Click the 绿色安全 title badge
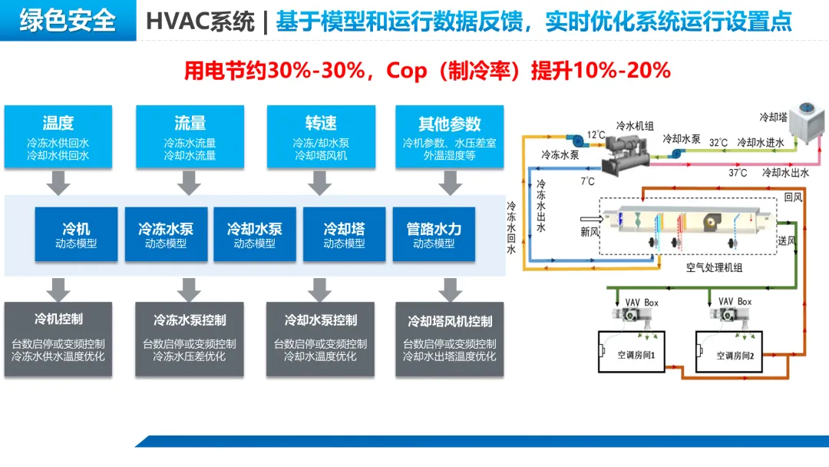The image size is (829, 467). [x=68, y=20]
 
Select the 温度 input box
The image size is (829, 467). [x=58, y=137]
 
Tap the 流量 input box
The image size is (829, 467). [x=190, y=137]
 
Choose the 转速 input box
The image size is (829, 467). [x=321, y=137]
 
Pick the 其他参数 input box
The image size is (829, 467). [x=450, y=137]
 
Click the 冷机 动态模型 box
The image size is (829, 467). [x=76, y=234]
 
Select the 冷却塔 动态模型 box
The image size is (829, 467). [x=344, y=234]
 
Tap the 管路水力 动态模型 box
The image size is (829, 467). [x=434, y=234]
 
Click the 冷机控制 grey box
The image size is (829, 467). [x=58, y=339]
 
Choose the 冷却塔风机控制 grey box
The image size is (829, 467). [x=450, y=339]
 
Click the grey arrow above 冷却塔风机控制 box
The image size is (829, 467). [x=450, y=289]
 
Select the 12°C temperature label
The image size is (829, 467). [x=596, y=135]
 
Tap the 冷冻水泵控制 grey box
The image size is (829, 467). [x=190, y=339]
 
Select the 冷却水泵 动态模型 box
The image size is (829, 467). [x=255, y=234]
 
